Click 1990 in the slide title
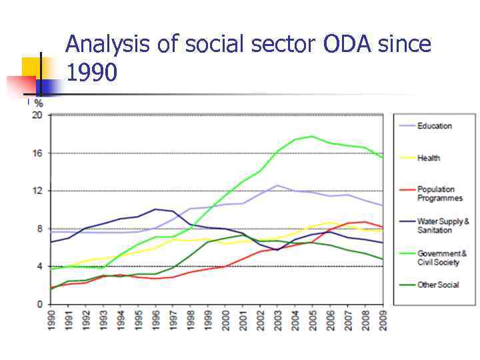click(x=92, y=72)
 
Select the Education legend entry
click(x=434, y=126)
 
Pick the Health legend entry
click(x=429, y=158)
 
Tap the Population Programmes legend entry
click(x=439, y=194)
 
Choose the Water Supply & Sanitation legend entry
click(x=443, y=226)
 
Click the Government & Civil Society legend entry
click(x=441, y=258)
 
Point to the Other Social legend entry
click(x=438, y=285)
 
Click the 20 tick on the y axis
click(x=37, y=115)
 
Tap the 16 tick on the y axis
click(x=37, y=153)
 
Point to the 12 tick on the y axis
click(x=37, y=191)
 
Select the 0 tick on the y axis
click(x=39, y=305)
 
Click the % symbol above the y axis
click(x=39, y=103)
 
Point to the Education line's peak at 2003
click(x=277, y=185)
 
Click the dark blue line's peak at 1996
click(x=155, y=209)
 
